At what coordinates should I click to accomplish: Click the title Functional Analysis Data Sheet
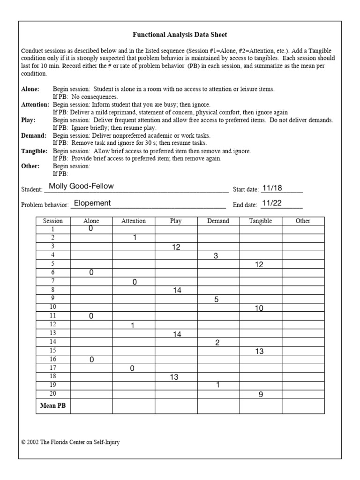[x=180, y=35]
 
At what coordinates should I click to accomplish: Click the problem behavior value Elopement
[x=92, y=203]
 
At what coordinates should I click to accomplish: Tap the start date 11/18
[x=272, y=188]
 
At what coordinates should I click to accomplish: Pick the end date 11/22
[x=272, y=203]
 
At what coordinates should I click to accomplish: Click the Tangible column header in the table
[x=260, y=221]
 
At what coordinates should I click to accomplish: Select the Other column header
[x=303, y=221]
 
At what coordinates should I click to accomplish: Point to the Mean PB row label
[x=53, y=406]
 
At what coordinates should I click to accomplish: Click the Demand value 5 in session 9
[x=217, y=300]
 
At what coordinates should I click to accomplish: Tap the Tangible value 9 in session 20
[x=261, y=395]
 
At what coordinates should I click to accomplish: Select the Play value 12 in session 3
[x=176, y=247]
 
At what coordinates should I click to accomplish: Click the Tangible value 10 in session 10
[x=259, y=308]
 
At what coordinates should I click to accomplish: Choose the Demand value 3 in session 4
[x=216, y=256]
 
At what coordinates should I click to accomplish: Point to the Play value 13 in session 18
[x=174, y=377]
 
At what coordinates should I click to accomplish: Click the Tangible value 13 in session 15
[x=259, y=351]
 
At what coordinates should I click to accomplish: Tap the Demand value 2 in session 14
[x=217, y=343]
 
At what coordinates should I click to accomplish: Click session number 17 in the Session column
[x=53, y=368]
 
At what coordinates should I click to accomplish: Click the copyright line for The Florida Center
[x=70, y=442]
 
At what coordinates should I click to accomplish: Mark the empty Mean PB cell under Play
[x=176, y=406]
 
